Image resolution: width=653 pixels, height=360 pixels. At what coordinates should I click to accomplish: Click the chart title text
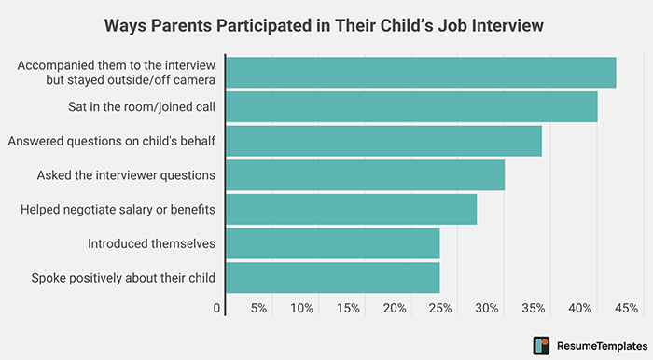[x=326, y=25]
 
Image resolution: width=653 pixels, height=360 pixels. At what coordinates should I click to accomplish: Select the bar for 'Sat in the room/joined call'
[x=411, y=106]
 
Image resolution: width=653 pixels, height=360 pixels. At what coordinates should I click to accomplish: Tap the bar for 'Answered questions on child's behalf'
[x=383, y=141]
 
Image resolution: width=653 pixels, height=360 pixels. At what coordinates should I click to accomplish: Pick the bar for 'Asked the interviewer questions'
[x=365, y=174]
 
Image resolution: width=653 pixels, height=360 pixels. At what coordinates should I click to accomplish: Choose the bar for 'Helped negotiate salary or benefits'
[x=351, y=209]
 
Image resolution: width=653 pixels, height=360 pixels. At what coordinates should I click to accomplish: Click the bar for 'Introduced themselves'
[x=332, y=243]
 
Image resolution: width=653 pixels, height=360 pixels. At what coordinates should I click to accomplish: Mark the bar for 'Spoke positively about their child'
[x=332, y=277]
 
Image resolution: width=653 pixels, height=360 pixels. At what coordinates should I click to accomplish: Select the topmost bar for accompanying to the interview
[x=421, y=73]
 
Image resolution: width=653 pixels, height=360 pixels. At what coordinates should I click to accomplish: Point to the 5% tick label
[x=258, y=308]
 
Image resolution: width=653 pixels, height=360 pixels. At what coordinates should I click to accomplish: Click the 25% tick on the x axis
[x=441, y=308]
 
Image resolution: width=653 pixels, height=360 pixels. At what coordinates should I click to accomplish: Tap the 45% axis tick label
[x=626, y=308]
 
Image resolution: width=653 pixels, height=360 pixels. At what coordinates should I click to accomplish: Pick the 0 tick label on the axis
[x=216, y=308]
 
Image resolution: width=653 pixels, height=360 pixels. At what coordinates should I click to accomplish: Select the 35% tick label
[x=534, y=308]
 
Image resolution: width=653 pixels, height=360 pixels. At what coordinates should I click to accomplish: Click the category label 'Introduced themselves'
[x=151, y=243]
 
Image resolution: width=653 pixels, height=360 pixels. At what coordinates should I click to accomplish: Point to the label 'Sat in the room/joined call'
[x=142, y=106]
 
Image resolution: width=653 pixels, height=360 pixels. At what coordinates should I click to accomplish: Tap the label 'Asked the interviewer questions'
[x=126, y=174]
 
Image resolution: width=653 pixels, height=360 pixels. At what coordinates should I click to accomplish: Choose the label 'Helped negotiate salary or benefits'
[x=118, y=209]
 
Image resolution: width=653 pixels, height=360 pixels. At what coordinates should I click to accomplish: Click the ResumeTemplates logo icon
[x=541, y=344]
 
